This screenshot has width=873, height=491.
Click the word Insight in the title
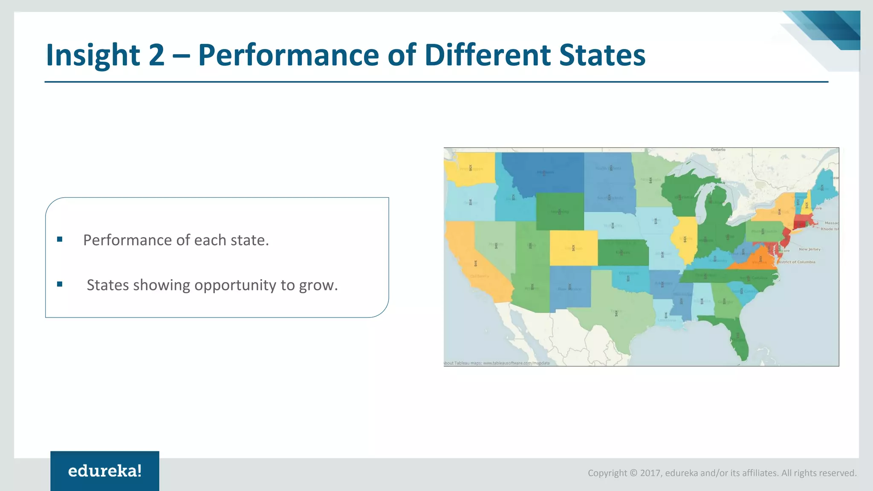click(93, 55)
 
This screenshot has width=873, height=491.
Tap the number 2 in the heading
click(156, 55)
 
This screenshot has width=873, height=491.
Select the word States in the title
click(602, 55)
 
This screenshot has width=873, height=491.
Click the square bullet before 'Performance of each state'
click(60, 240)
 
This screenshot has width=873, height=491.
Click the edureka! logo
click(105, 471)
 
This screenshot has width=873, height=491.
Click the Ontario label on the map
click(718, 150)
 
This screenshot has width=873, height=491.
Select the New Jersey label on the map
click(809, 249)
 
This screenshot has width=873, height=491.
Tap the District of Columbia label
click(796, 262)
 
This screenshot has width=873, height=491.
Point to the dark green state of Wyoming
click(560, 211)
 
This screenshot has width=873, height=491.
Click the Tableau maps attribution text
click(497, 363)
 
